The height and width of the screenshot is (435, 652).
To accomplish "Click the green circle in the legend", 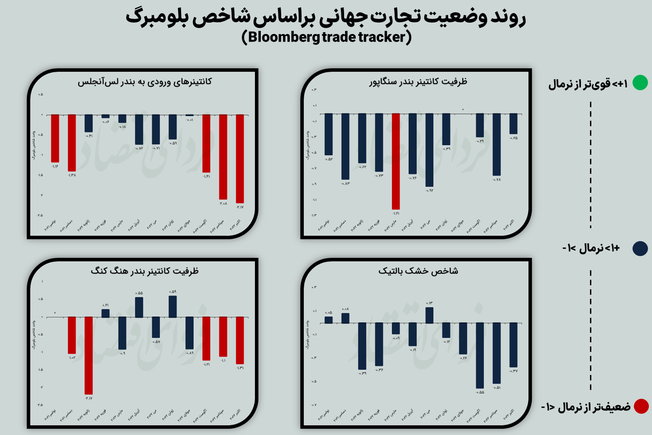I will (x=640, y=82).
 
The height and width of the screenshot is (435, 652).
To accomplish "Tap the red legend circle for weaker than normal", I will (x=641, y=406).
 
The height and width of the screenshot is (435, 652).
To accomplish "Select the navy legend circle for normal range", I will (x=640, y=248).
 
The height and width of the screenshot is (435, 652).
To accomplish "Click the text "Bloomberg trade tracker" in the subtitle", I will (x=326, y=37).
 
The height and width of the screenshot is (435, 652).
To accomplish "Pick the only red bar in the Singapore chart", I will (x=396, y=161).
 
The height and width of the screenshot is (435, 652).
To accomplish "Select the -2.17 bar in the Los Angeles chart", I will (x=240, y=159).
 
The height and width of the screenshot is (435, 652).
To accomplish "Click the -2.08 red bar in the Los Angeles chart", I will (x=223, y=157).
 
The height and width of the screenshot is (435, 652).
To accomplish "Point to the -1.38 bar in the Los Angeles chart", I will (x=72, y=143).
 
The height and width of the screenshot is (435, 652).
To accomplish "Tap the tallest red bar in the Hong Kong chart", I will (x=89, y=355).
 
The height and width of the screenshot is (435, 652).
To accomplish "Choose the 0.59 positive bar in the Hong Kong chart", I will (x=173, y=306).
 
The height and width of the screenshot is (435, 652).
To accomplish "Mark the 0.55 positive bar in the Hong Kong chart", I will (x=139, y=307).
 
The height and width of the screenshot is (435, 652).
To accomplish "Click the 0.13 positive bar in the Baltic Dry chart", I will (x=429, y=315).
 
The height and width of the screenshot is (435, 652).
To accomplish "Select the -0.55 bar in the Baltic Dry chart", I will (x=480, y=355).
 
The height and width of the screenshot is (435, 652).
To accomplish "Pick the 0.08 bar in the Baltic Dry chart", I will (x=345, y=318).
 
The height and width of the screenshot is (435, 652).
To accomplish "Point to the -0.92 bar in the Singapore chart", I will (x=429, y=150).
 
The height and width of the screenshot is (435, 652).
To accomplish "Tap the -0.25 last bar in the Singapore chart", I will (x=513, y=124).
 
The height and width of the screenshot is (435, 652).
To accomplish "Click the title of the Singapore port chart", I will (x=418, y=82).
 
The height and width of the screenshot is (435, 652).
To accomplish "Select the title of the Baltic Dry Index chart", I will (x=418, y=271).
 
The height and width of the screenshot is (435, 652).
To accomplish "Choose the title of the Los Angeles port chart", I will (x=144, y=82).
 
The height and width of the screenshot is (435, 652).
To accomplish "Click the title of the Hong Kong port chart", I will (x=144, y=271).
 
